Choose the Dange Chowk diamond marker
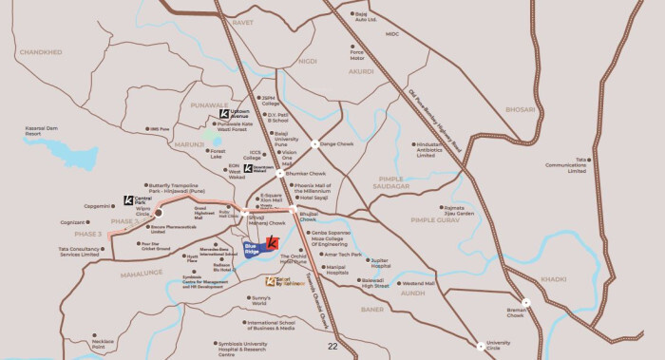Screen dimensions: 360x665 click(314, 144)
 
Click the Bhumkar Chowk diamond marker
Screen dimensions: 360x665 click(278, 175)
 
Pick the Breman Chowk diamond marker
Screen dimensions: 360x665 click(525, 301)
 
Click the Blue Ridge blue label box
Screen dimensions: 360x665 click(254, 251)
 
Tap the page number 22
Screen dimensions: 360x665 click(332, 346)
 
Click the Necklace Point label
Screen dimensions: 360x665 click(103, 343)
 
